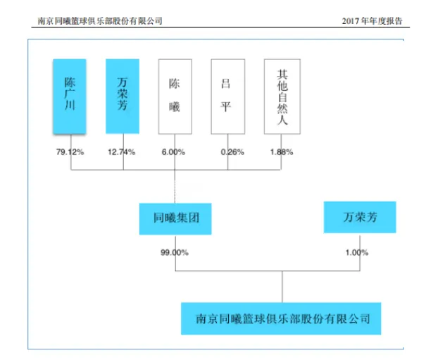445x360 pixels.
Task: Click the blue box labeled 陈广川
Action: (70, 96)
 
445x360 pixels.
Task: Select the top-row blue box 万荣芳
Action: (123, 96)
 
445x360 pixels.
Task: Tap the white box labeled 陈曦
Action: (175, 96)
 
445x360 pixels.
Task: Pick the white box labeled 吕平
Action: (228, 96)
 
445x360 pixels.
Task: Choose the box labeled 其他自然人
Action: (282, 96)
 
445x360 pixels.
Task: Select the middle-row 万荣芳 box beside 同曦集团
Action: (359, 217)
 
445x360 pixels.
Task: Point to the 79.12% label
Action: (70, 151)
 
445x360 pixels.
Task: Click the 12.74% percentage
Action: (123, 151)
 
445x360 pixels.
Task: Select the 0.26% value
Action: (227, 151)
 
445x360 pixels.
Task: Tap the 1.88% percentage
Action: (281, 151)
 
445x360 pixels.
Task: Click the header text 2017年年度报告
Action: (373, 21)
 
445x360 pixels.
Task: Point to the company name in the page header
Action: (99, 21)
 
